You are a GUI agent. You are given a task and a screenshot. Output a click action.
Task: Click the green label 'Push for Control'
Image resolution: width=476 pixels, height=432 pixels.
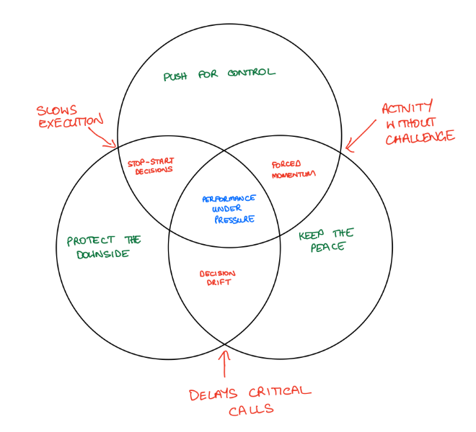pos(220,74)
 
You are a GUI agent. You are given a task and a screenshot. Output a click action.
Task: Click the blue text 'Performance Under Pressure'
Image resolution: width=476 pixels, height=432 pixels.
pos(229,209)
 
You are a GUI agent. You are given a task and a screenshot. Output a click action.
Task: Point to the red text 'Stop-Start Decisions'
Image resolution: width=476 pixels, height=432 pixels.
pos(151,166)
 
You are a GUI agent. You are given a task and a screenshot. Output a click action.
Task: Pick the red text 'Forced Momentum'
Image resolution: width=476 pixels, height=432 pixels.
pos(294,168)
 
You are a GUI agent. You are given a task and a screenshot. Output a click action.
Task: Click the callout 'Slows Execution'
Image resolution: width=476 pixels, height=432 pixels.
pos(69,117)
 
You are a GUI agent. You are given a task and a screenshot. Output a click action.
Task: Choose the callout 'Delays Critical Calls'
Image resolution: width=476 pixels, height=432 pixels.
pos(250,402)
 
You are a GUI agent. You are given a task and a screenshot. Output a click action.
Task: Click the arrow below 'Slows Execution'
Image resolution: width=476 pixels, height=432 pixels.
pos(107,138)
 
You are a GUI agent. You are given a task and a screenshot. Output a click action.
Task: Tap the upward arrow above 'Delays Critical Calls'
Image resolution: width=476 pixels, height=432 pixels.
pos(225,364)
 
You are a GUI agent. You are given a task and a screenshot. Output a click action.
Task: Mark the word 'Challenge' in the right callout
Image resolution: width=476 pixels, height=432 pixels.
pos(420,137)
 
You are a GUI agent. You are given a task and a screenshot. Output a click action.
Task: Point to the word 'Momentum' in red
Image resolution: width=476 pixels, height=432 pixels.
pos(294,174)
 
